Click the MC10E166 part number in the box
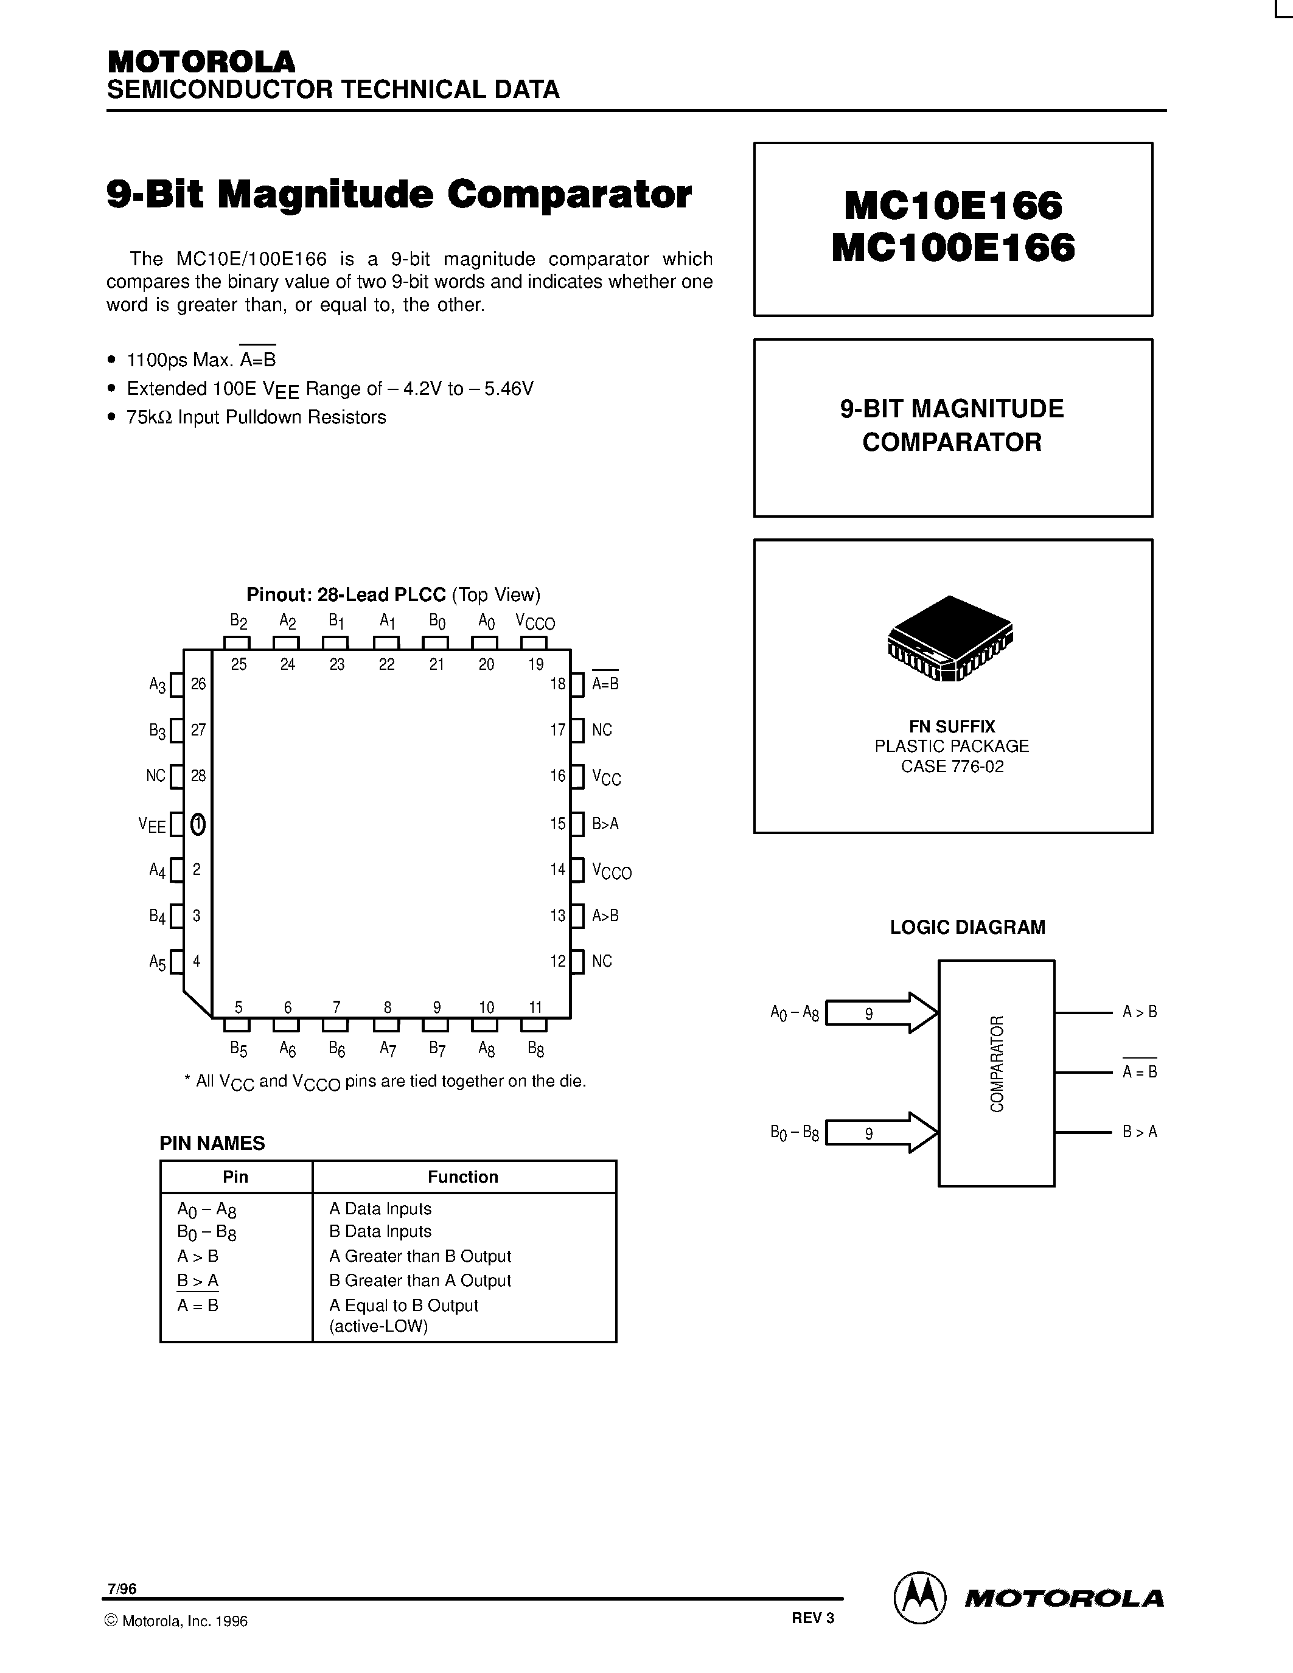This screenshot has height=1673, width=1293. pos(953,205)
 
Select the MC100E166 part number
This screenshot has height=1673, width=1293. pos(953,248)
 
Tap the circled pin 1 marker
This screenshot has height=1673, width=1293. pos(198,824)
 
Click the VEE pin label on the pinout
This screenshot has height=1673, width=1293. pos(152,825)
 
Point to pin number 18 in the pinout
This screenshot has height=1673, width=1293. pos(557,684)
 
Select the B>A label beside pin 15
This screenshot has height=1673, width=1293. pos(605,824)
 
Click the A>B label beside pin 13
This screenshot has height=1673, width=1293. pos(605,916)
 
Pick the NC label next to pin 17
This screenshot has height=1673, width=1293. pos(602,730)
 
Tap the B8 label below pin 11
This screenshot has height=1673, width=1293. pos(536,1049)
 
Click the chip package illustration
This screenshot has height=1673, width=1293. pos(950,639)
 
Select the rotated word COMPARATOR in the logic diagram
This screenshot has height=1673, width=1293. pos(997,1063)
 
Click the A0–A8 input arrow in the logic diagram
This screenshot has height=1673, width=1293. pos(881,1014)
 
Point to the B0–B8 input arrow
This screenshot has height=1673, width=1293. pos(881,1133)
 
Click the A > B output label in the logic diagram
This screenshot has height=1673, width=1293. pos(1140,1012)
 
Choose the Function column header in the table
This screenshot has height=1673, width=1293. pos(462,1177)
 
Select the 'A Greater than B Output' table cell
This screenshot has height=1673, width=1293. pos(420,1256)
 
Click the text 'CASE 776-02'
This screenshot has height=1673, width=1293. pos(952,767)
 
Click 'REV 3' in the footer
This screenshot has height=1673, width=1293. pos(813,1618)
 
